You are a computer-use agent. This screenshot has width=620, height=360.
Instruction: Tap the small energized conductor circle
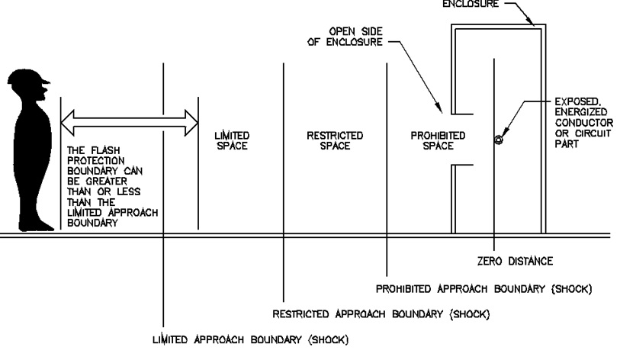[499, 140]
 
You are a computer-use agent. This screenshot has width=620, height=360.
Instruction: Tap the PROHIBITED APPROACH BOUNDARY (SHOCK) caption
[484, 289]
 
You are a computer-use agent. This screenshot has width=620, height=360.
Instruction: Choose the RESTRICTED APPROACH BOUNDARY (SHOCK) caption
[381, 313]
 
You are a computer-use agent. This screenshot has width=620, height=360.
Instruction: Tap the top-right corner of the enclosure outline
[545, 27]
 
